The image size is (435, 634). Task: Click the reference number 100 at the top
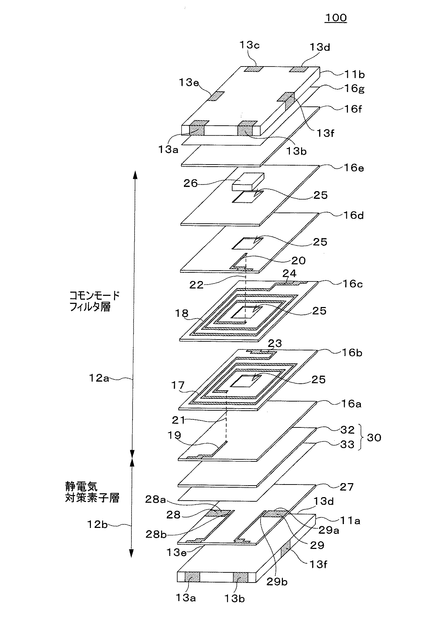(x=336, y=18)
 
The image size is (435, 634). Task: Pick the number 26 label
(x=191, y=183)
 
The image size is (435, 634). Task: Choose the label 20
(x=298, y=260)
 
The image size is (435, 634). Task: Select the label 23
(x=274, y=343)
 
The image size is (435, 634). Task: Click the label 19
(x=174, y=435)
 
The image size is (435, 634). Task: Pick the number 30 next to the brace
(x=374, y=437)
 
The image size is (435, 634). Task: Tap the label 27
(x=347, y=487)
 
